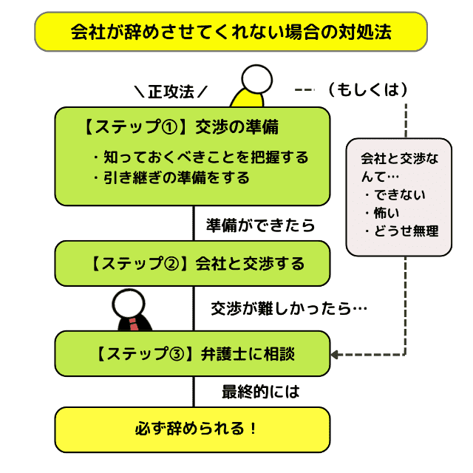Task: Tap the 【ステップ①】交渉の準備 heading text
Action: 181,126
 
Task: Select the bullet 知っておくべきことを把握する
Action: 200,157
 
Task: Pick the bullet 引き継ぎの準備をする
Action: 171,177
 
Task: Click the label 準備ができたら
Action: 261,225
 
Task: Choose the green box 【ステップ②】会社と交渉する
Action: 192,263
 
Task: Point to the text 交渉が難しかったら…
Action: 289,307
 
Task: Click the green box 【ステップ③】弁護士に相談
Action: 192,354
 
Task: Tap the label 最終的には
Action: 261,392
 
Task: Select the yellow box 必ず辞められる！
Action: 192,429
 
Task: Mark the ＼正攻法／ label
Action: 170,92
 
